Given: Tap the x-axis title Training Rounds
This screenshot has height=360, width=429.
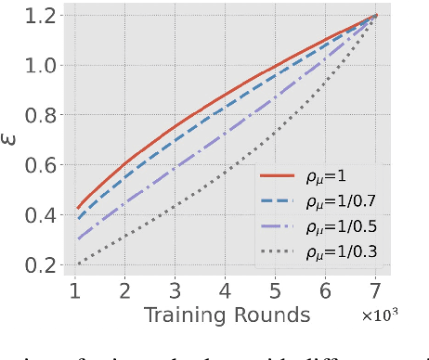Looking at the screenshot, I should coord(227,315).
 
